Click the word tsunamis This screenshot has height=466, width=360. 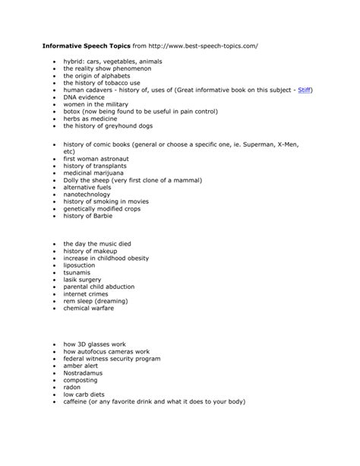tap(77, 271)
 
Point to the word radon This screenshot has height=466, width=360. tap(72, 388)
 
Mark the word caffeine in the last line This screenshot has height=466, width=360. tap(78, 402)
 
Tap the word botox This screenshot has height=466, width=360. tap(73, 112)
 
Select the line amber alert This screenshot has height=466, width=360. tap(81, 366)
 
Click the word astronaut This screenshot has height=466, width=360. tap(120, 158)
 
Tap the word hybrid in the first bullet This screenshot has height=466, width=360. tap(74, 61)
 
